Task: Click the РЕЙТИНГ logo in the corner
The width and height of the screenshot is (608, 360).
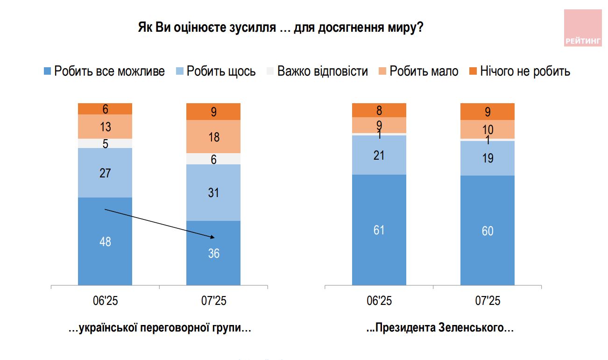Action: pyautogui.click(x=583, y=28)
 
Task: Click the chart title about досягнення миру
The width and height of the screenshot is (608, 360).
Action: pyautogui.click(x=281, y=28)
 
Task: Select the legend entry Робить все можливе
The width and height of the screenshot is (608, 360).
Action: pyautogui.click(x=104, y=71)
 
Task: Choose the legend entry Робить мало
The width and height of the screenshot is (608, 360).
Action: pyautogui.click(x=418, y=71)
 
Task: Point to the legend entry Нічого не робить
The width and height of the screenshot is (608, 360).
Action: pyautogui.click(x=520, y=71)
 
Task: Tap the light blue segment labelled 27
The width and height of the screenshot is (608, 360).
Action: pyautogui.click(x=105, y=173)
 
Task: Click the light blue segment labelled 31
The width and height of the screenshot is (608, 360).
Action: pyautogui.click(x=213, y=192)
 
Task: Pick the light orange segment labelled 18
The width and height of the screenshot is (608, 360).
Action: pyautogui.click(x=213, y=137)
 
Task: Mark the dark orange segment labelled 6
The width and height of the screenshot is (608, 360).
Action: pyautogui.click(x=105, y=109)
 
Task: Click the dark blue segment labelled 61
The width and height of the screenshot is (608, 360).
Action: pyautogui.click(x=379, y=230)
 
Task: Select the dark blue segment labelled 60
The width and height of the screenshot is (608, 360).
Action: pyautogui.click(x=487, y=230)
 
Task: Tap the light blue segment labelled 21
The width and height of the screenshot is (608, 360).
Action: pyautogui.click(x=379, y=155)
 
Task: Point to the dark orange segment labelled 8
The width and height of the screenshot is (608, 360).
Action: pyautogui.click(x=379, y=110)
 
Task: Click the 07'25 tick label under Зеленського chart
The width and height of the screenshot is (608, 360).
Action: pyautogui.click(x=487, y=301)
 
